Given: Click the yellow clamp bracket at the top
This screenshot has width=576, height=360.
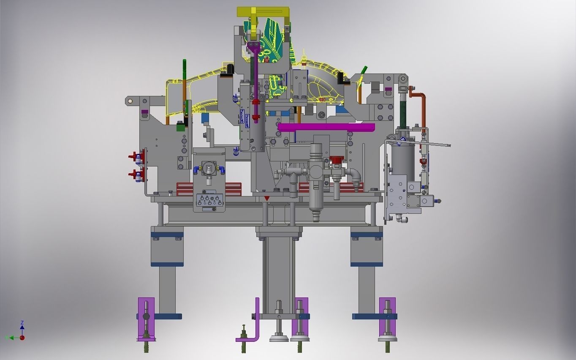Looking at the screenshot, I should [263, 12].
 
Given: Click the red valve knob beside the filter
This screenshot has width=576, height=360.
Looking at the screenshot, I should [337, 161].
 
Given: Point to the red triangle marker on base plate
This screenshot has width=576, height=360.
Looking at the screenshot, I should [266, 198].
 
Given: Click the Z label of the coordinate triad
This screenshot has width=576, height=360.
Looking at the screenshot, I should [22, 323].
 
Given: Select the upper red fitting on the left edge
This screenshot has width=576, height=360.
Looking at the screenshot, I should [136, 157].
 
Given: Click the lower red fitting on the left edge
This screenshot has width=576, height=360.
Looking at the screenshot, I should [136, 174].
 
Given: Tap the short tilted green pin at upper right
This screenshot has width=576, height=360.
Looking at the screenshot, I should [364, 70].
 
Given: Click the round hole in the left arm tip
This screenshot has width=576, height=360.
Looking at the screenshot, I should [130, 101].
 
